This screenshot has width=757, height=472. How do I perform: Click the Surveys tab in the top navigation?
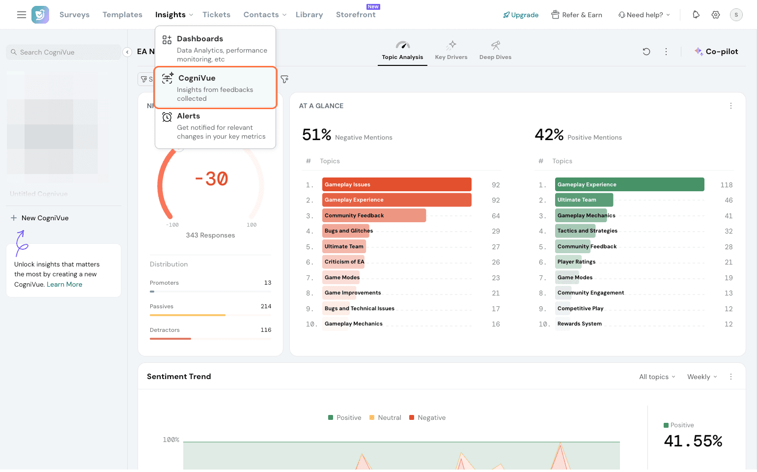point(74,15)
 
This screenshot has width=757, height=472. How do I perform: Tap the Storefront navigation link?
point(356,15)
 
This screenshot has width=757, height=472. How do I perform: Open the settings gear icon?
point(716,15)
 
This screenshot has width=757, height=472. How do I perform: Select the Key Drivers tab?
point(451,51)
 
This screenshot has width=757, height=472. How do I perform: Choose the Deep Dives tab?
point(495,51)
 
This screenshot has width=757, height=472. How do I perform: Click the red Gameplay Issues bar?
point(396,184)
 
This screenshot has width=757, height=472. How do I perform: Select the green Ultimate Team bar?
point(584,200)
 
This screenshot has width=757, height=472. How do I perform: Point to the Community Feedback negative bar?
point(374,215)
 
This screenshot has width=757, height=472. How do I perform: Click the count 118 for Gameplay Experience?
point(726,185)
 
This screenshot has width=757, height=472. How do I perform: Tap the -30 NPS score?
point(211,179)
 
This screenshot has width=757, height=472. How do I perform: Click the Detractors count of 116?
point(266,330)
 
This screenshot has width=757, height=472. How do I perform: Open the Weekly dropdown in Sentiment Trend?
point(702,377)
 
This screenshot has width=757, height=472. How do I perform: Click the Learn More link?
point(64,284)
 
